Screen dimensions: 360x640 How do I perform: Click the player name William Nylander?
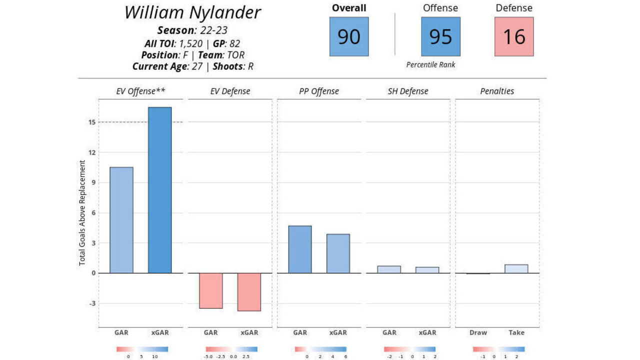192,12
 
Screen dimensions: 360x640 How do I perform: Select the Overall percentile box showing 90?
349,36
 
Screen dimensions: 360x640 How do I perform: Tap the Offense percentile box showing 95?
440,36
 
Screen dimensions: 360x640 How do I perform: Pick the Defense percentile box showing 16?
514,36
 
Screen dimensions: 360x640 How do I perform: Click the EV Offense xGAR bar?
159,190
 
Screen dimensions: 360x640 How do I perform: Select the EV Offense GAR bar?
121,220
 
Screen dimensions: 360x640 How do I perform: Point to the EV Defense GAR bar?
210,290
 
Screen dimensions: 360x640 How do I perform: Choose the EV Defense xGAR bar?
249,292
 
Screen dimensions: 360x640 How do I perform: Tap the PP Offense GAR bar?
299,249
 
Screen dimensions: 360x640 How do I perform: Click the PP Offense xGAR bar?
338,253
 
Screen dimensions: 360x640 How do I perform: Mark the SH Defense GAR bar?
389,269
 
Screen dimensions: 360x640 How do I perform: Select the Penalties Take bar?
516,269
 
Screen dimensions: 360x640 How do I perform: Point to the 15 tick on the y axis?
91,122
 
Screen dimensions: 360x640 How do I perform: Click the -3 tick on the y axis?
91,303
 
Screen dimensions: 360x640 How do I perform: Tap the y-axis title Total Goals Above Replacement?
82,212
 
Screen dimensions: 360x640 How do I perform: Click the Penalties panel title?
497,91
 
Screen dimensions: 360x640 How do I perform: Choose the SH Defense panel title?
408,91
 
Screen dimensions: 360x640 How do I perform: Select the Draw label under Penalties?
478,332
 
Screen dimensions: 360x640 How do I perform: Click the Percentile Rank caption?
430,65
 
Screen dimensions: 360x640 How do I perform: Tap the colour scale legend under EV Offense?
142,349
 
